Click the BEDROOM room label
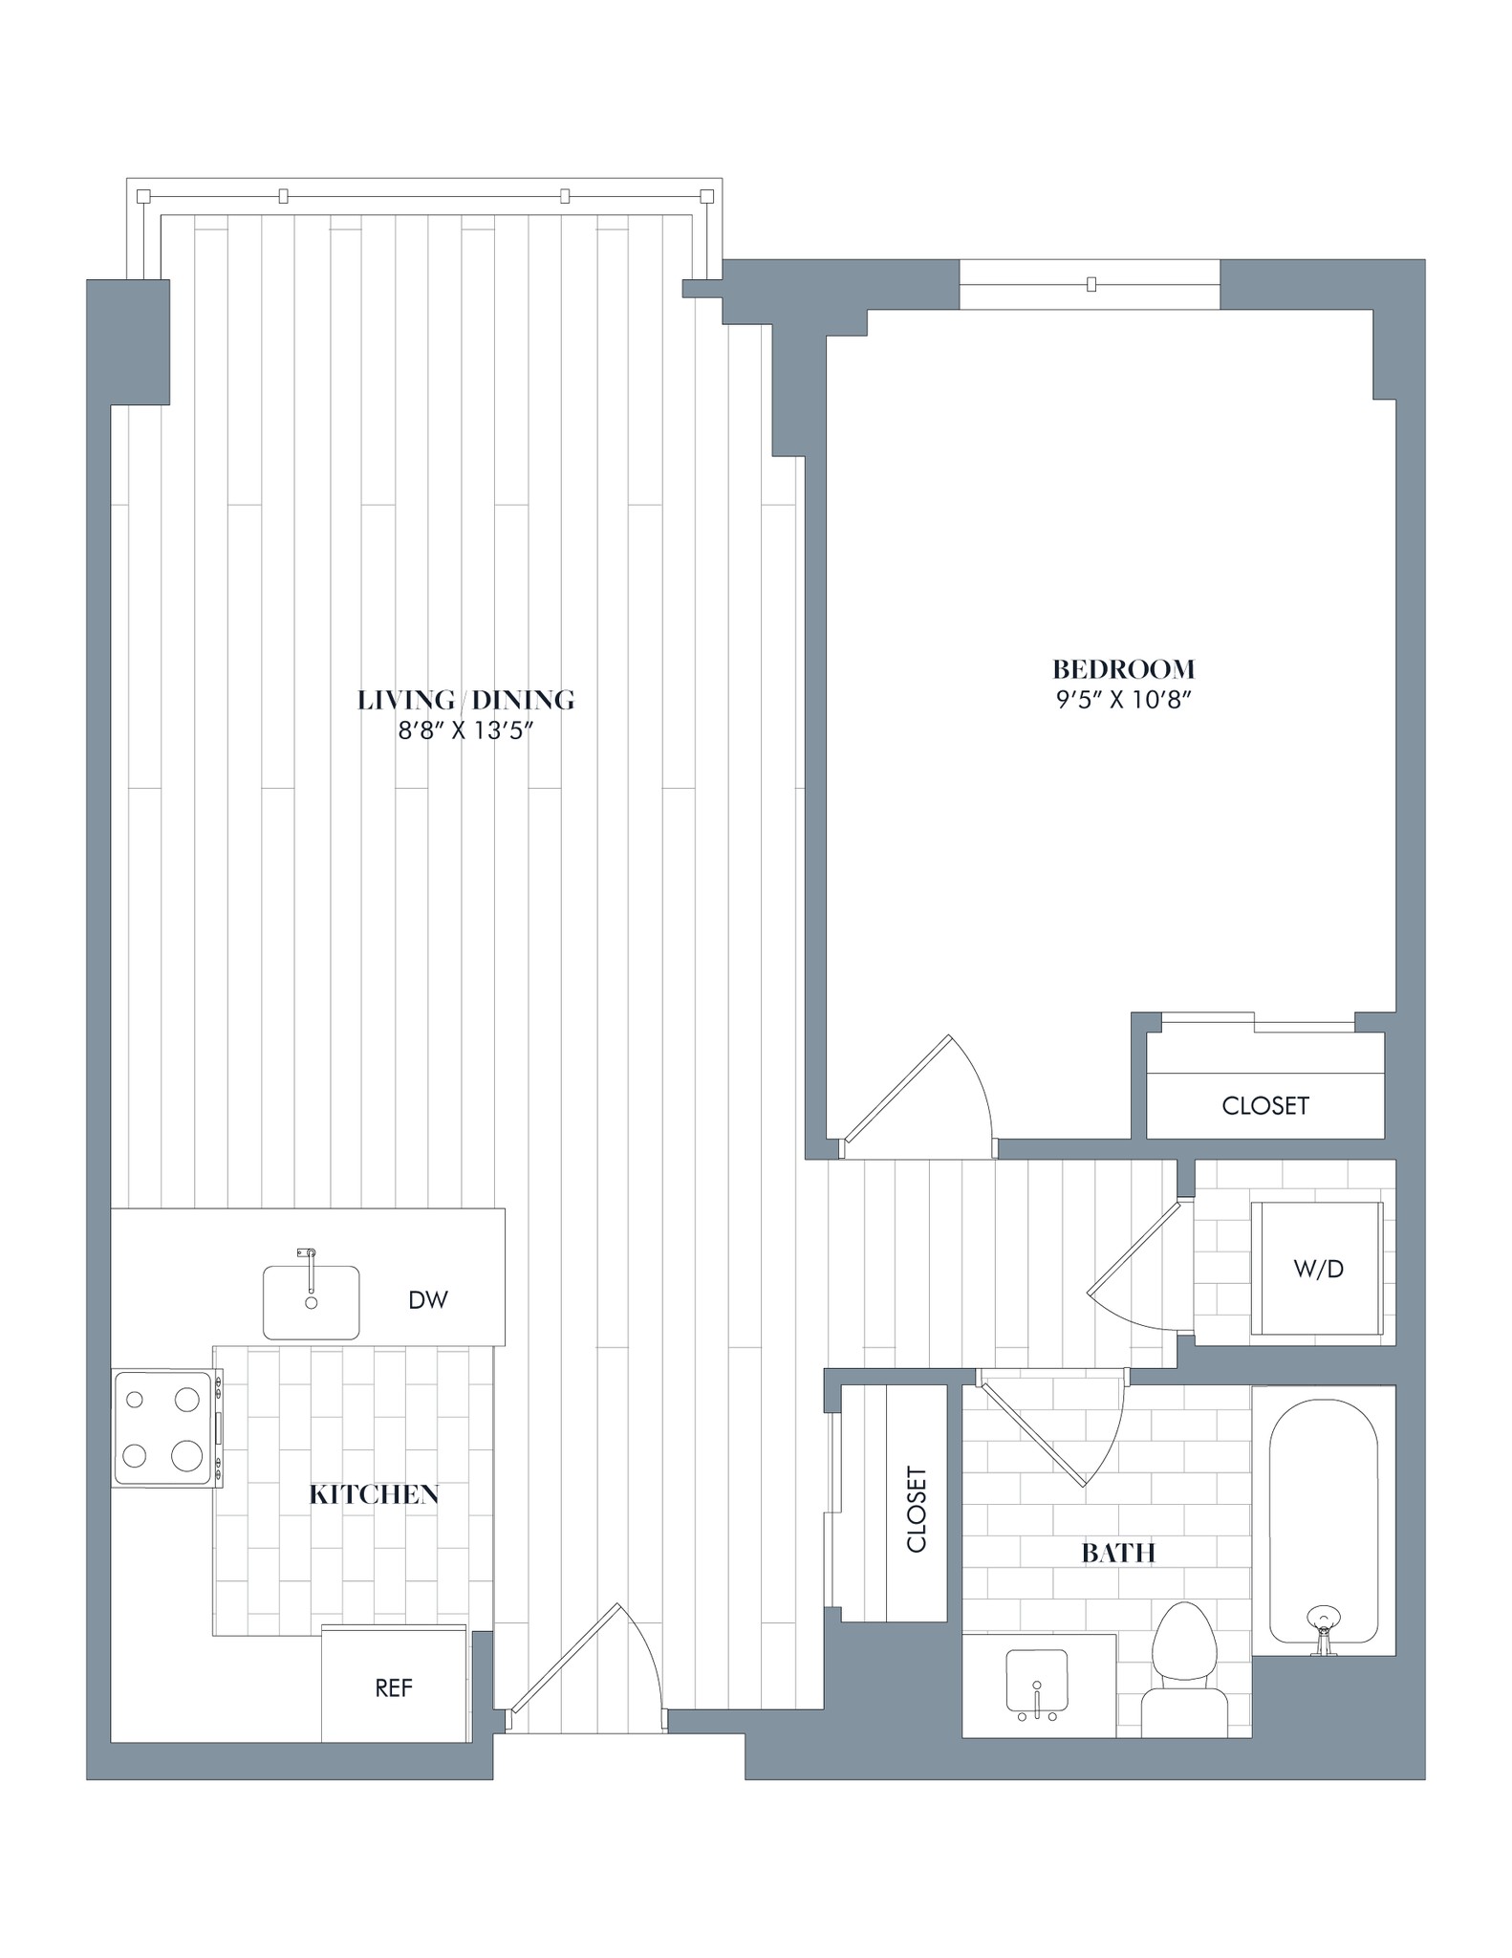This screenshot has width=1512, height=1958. tap(1123, 668)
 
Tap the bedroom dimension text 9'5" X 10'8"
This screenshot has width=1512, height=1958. tap(1123, 700)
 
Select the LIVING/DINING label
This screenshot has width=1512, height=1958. tap(465, 700)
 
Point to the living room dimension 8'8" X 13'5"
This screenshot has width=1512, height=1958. tap(465, 731)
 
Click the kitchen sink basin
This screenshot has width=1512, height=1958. tap(311, 1304)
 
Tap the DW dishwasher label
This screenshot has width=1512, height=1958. tap(427, 1300)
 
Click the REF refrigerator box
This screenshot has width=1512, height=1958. tap(394, 1688)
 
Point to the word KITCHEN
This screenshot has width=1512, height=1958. tap(374, 1495)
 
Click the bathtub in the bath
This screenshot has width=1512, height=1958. tap(1323, 1520)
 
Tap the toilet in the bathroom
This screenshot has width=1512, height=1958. tap(1184, 1673)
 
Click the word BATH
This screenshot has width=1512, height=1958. tap(1118, 1554)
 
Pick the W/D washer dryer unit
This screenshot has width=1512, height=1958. tap(1318, 1269)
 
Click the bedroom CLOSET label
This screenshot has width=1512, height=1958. tap(1264, 1106)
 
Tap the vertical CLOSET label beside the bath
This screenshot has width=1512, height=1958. tap(916, 1511)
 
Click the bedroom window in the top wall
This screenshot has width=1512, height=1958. tap(1090, 284)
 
